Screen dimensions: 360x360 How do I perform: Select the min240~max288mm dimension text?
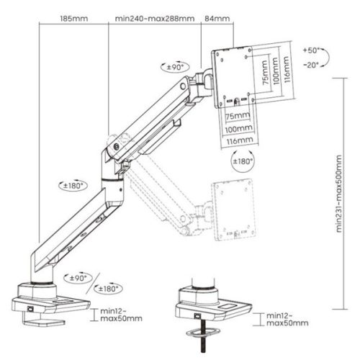click(154, 17)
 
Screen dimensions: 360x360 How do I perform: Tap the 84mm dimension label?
click(217, 17)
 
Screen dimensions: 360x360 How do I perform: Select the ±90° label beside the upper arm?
click(176, 66)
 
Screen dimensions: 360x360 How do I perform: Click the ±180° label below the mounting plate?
click(243, 163)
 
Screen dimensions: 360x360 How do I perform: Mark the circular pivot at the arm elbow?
click(116, 151)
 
